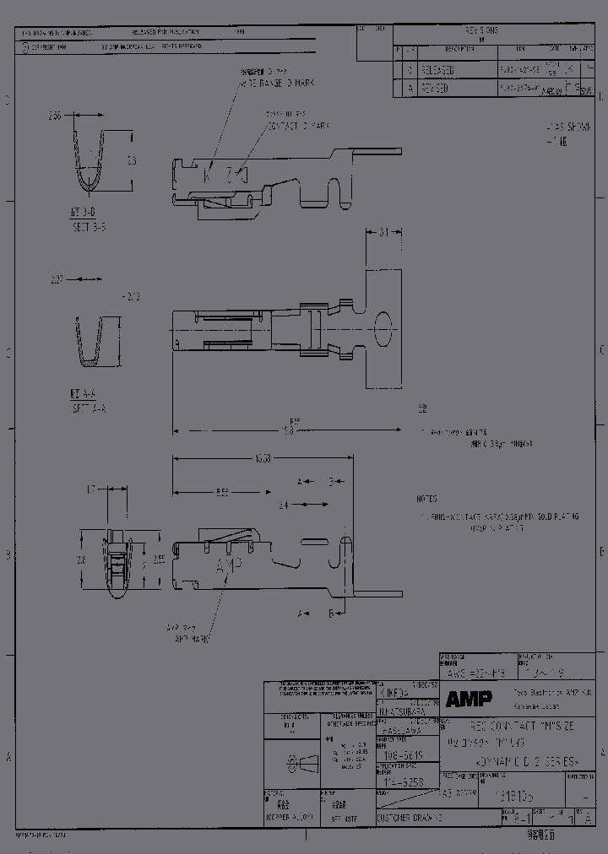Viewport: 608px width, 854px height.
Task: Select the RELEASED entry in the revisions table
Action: pyautogui.click(x=437, y=71)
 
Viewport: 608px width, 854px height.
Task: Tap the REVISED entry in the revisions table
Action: pyautogui.click(x=436, y=88)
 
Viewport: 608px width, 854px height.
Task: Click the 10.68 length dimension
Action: pyautogui.click(x=262, y=459)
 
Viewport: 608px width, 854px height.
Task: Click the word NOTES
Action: pyautogui.click(x=427, y=499)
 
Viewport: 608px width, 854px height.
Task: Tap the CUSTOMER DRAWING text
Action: pyautogui.click(x=409, y=818)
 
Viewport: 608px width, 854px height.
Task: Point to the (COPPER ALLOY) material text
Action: pyautogui.click(x=290, y=818)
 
